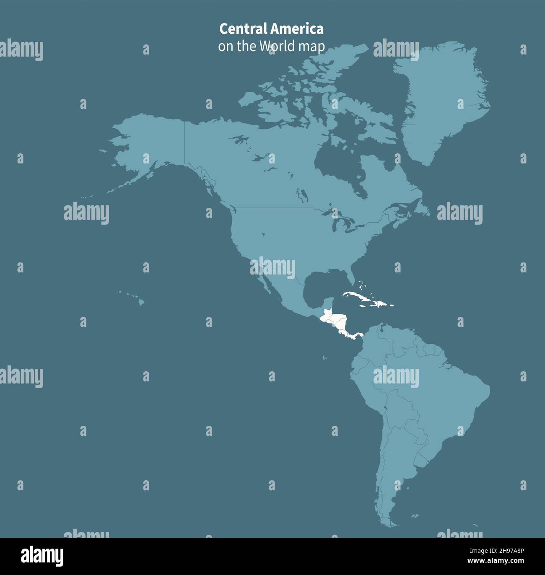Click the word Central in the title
[x=242, y=29]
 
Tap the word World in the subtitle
[x=277, y=46]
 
